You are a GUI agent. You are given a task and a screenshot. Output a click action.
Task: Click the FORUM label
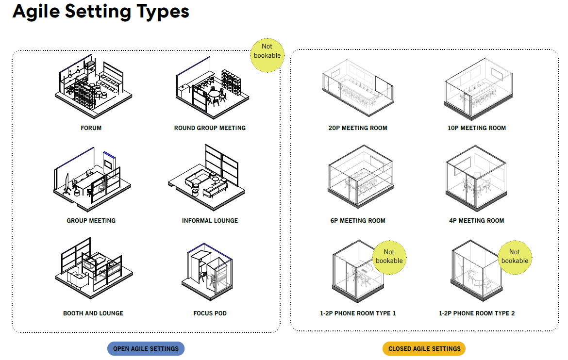click(91, 128)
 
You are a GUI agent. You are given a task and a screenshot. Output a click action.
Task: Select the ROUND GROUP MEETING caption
click(210, 128)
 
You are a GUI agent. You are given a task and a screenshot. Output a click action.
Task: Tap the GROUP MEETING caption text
click(91, 221)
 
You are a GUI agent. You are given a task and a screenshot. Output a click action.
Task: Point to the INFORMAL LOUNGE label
click(210, 221)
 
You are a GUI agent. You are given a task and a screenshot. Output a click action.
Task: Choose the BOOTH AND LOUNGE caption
click(93, 313)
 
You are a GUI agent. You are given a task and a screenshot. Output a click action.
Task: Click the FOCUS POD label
click(210, 313)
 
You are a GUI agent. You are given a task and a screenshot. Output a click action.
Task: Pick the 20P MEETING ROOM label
click(358, 128)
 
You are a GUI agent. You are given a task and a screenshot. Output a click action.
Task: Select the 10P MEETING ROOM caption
click(477, 128)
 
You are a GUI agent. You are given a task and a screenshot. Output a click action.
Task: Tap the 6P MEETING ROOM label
click(358, 221)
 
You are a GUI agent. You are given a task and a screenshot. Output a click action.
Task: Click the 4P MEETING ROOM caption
click(477, 221)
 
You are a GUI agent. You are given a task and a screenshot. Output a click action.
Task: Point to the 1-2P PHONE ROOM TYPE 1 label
click(358, 313)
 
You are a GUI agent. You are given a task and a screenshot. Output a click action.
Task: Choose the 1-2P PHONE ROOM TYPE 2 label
click(477, 313)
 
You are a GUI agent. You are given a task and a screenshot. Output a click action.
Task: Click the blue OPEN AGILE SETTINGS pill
click(146, 348)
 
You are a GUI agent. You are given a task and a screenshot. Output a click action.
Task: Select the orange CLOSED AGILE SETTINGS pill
click(424, 348)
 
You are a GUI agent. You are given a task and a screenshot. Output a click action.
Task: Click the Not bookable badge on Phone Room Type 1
click(389, 257)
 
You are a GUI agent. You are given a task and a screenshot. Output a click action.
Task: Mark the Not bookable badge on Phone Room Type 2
click(515, 257)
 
